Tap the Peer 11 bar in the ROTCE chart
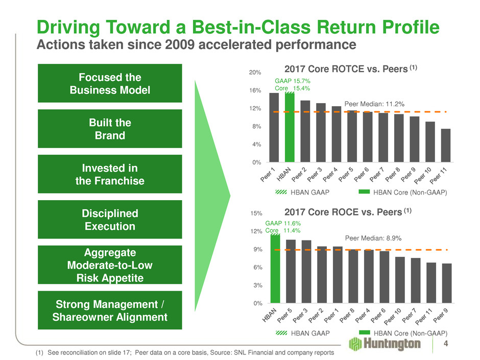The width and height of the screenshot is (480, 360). (446, 145)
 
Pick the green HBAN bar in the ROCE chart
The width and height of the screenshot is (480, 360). (275, 269)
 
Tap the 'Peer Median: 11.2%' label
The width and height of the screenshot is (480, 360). (378, 104)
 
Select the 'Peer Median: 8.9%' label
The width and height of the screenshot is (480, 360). (373, 238)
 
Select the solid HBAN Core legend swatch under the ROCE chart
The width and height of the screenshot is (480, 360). (363, 333)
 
